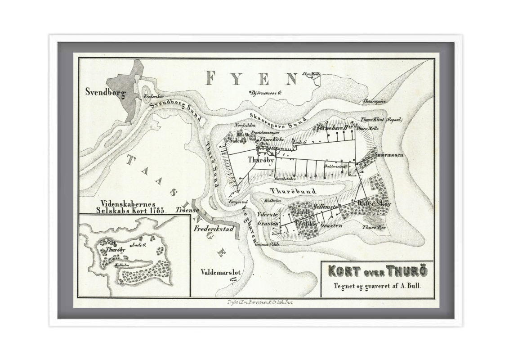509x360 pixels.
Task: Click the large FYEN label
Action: tap(252, 79)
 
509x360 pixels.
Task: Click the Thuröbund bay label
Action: tap(290, 191)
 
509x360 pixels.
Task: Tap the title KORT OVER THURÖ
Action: tap(377, 272)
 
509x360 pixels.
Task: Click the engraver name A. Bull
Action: tap(411, 285)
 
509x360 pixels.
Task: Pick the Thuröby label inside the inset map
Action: tap(114, 249)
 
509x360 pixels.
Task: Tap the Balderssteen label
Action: tap(335, 166)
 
